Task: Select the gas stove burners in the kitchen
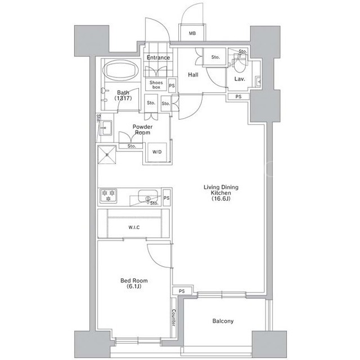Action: (x=109, y=196)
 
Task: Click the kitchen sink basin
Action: (x=148, y=196)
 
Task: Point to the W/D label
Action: (x=157, y=152)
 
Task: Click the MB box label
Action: (x=192, y=34)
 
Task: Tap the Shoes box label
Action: (x=156, y=85)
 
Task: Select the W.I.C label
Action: (x=134, y=227)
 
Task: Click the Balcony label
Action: (x=223, y=321)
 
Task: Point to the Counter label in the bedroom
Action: (x=174, y=317)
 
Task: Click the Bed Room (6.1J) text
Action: (x=134, y=283)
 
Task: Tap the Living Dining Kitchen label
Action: (x=221, y=193)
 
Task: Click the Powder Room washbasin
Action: (x=106, y=128)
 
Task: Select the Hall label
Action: (x=193, y=75)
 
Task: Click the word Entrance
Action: (x=159, y=57)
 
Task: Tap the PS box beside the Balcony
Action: (x=182, y=291)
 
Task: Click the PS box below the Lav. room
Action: (x=238, y=97)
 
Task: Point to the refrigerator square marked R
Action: (x=107, y=155)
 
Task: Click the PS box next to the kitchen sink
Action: (x=166, y=197)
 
